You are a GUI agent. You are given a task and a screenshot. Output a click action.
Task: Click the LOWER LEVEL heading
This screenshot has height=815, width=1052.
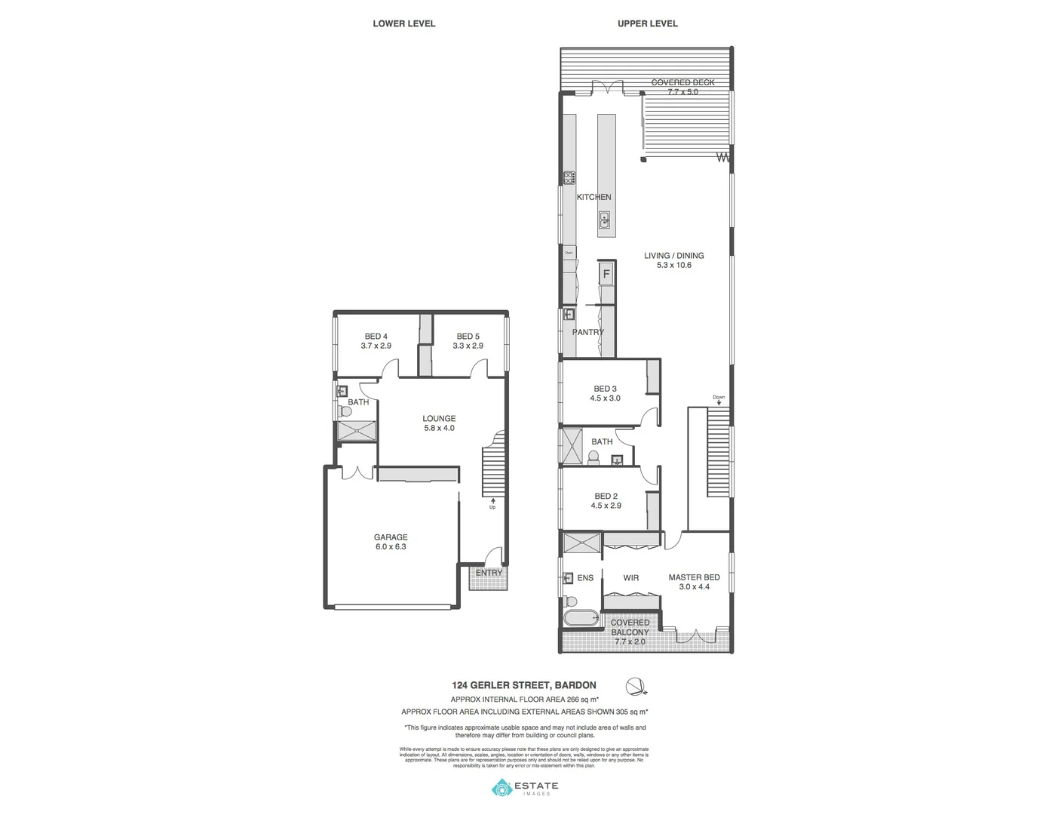click(403, 23)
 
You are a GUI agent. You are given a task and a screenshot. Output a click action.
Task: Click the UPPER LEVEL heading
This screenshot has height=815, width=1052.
click(647, 23)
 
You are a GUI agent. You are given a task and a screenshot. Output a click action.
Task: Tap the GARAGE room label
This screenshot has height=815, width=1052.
click(391, 542)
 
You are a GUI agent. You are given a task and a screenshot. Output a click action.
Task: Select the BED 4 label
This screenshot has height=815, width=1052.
click(376, 341)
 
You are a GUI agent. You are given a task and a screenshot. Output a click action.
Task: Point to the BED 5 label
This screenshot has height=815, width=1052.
click(468, 341)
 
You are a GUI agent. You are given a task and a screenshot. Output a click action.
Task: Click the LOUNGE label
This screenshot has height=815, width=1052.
click(439, 423)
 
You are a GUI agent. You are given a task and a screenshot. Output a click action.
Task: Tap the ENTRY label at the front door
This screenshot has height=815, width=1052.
click(489, 573)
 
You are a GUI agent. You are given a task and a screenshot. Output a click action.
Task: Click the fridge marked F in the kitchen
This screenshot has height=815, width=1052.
click(606, 274)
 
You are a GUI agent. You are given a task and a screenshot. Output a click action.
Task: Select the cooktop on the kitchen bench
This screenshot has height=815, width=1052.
click(569, 178)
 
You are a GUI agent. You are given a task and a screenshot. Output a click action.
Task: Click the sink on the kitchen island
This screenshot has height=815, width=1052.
click(605, 220)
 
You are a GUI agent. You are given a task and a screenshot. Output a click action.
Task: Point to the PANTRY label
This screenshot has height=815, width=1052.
click(587, 332)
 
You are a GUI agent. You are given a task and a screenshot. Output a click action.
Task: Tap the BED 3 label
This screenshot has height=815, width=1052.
click(605, 393)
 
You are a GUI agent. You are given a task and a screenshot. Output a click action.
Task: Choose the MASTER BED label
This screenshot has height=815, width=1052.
click(694, 582)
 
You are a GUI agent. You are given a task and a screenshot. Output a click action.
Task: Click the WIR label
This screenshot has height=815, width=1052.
click(631, 578)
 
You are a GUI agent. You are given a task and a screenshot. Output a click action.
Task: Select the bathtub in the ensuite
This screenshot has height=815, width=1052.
click(581, 619)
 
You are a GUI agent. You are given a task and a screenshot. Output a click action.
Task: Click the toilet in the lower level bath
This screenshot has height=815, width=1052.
click(345, 412)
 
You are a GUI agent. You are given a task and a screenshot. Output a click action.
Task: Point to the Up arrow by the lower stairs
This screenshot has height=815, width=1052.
click(493, 502)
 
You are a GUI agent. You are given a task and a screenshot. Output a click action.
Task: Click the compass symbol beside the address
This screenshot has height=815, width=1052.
click(636, 687)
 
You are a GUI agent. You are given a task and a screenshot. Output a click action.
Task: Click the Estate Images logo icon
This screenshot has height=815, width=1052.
click(501, 789)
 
